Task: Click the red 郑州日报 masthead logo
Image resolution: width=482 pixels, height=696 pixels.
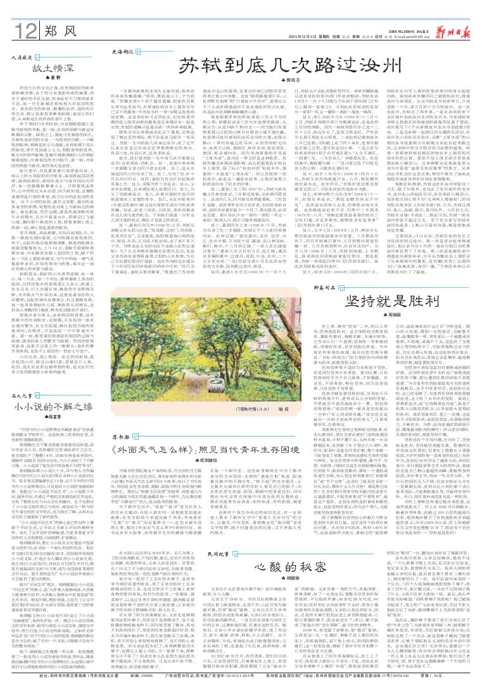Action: (452, 12)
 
